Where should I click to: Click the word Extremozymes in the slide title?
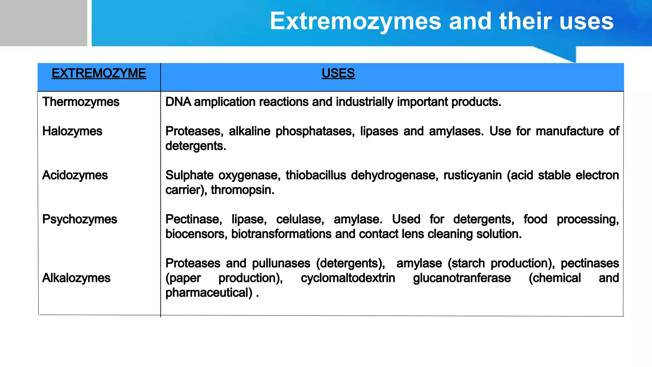pos(355,22)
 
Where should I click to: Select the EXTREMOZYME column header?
pos(99,74)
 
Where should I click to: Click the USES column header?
pos(338,74)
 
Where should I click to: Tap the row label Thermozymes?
pos(81,102)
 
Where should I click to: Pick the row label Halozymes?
pos(72,131)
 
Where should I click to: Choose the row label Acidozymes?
pos(75,175)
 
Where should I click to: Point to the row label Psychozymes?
pos(80,219)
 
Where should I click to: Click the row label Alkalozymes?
pos(76,278)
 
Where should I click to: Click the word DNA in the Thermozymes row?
pos(178,102)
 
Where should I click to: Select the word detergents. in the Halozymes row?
pos(196,146)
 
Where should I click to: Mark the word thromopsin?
pos(242,190)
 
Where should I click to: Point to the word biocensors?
pos(196,234)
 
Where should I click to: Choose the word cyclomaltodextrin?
pos(348,278)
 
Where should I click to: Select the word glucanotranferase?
pos(462,278)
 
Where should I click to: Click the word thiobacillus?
pos(315,175)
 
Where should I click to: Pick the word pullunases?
pos(281,263)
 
